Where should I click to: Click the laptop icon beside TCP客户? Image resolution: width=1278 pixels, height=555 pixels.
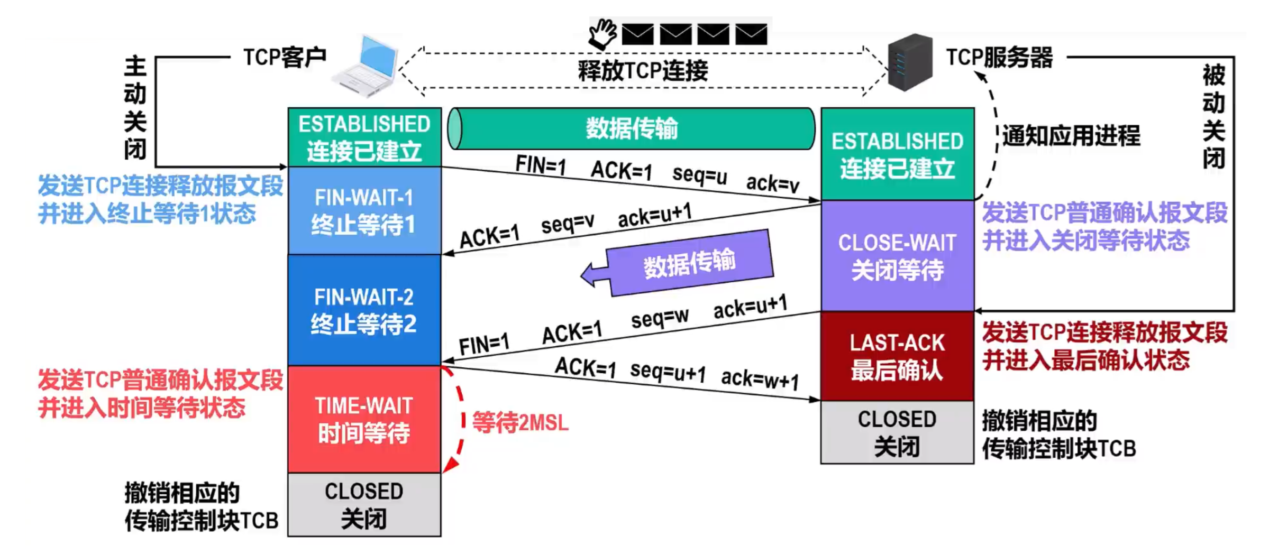(x=366, y=67)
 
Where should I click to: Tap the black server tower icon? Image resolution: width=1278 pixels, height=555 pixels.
(x=910, y=62)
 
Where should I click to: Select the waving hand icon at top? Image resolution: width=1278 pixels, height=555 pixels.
(x=603, y=34)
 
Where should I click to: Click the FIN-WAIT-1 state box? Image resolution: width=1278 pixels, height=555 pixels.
(x=364, y=211)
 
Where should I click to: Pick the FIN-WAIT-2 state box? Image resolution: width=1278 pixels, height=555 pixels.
(x=364, y=310)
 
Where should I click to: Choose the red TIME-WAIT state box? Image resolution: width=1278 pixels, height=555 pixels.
(x=364, y=419)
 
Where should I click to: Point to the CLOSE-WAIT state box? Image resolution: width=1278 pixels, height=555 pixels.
(x=897, y=256)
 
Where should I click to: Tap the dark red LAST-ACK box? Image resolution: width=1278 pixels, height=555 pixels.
(x=897, y=356)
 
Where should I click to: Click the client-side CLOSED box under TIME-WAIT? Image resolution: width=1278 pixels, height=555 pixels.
(x=364, y=505)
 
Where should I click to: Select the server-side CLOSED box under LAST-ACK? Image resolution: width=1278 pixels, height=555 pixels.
(x=897, y=432)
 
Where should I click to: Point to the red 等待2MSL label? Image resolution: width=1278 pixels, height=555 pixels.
(x=520, y=422)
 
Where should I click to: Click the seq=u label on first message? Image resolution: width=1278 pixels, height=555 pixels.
(x=699, y=175)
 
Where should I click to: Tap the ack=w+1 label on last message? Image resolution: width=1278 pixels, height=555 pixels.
(x=760, y=379)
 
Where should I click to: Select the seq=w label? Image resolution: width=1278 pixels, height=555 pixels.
(x=660, y=318)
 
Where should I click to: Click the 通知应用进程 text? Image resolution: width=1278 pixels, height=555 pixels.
(x=1071, y=136)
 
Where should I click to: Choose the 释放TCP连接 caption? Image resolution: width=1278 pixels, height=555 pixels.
(x=643, y=70)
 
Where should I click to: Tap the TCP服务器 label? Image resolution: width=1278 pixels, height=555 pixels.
(x=999, y=57)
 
